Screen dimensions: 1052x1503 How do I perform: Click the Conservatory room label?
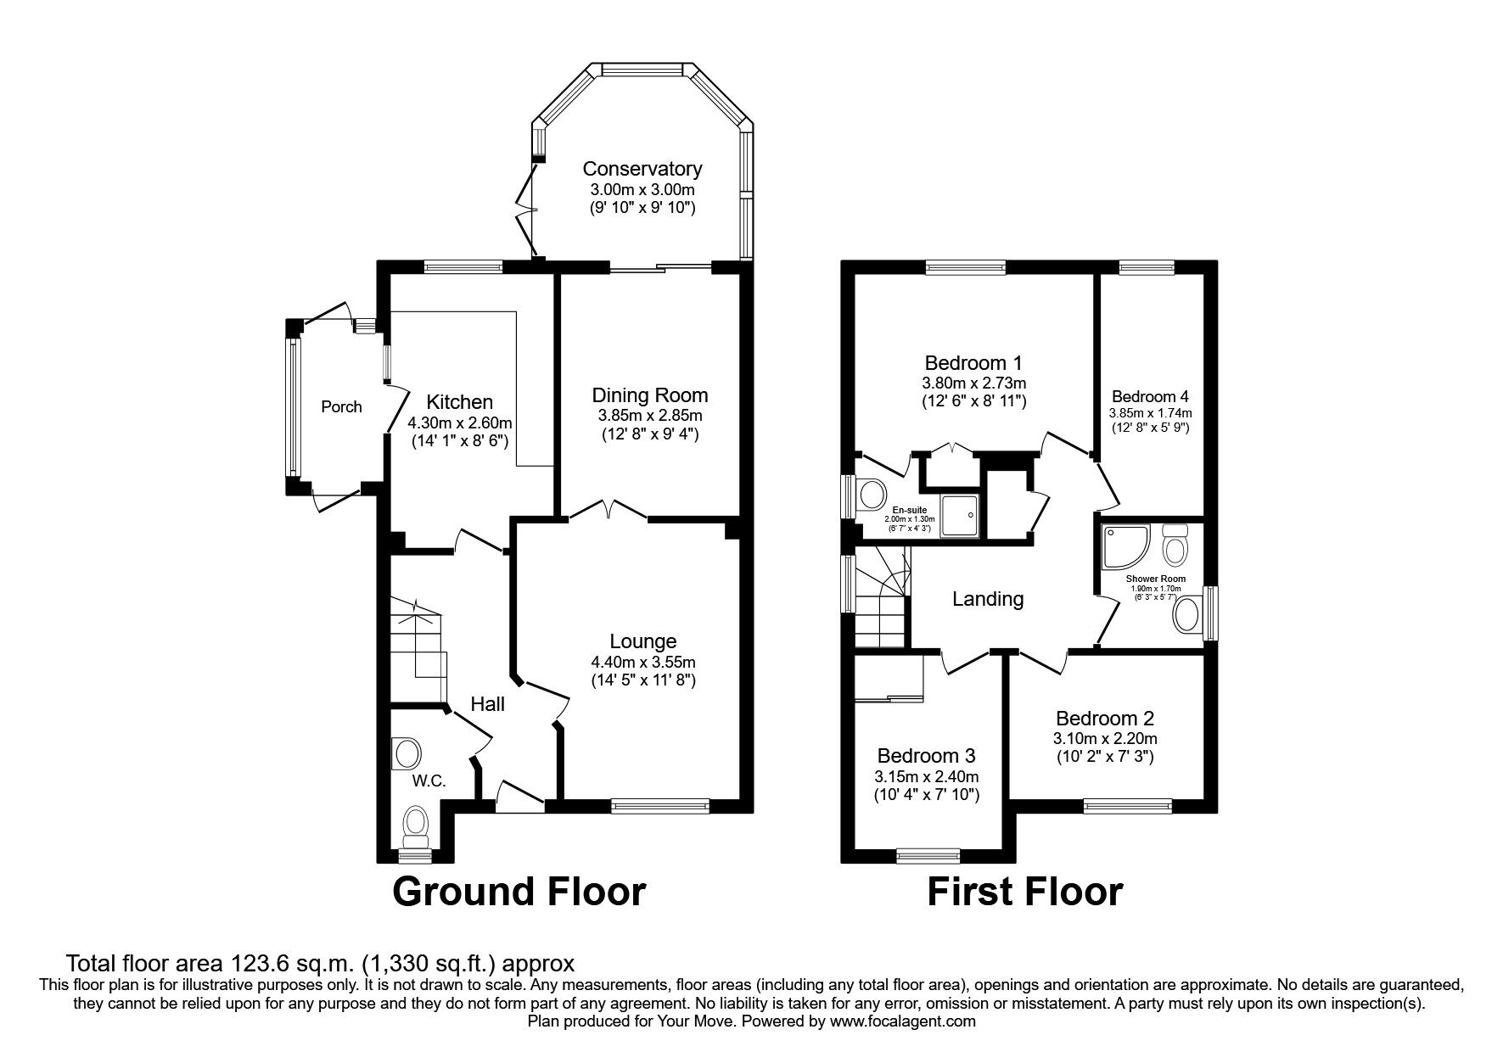point(642,169)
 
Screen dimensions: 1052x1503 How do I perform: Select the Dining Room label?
point(649,395)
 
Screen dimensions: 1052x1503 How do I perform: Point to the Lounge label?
point(642,641)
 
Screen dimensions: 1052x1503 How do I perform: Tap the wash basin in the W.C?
point(408,753)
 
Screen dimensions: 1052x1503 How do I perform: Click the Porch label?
point(341,407)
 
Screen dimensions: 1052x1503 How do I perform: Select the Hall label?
point(488,703)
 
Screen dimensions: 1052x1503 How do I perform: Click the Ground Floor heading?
point(519,893)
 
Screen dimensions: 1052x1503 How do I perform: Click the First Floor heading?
point(1024,893)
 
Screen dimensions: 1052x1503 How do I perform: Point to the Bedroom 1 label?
point(973,363)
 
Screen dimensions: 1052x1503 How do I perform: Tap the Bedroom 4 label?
point(1150,396)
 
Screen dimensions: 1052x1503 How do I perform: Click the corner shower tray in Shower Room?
point(1124,546)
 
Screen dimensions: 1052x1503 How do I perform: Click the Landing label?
point(988,599)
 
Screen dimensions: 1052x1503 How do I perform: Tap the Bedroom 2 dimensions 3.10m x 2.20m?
point(1104,738)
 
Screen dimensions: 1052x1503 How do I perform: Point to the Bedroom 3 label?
point(926,755)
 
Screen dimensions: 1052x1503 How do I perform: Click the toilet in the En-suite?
point(872,493)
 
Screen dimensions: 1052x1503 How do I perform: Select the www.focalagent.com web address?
point(903,1021)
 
